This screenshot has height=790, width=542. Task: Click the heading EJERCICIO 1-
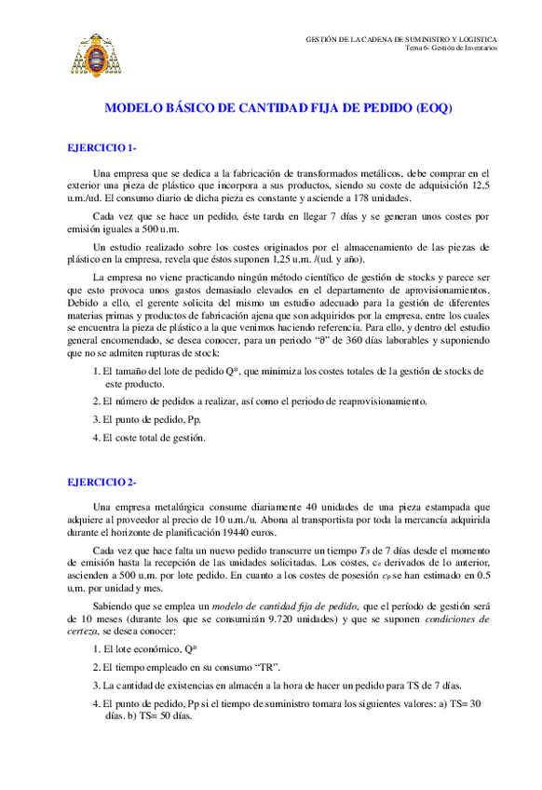pyautogui.click(x=102, y=147)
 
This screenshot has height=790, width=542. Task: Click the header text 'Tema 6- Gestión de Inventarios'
pyautogui.click(x=452, y=48)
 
